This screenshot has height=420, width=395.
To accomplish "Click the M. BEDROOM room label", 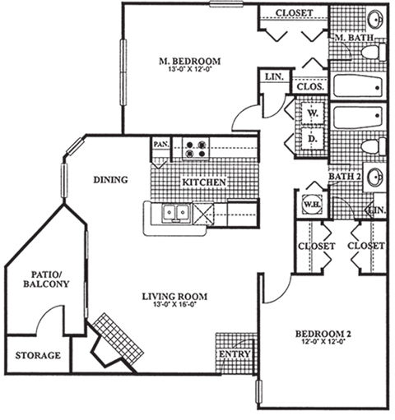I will (x=188, y=61).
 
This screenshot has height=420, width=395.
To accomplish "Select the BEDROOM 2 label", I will (x=323, y=334).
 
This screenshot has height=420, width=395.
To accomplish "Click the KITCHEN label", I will (x=204, y=182).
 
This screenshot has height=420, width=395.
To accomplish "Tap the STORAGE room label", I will (x=37, y=356).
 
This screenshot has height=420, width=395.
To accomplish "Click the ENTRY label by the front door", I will (x=235, y=354).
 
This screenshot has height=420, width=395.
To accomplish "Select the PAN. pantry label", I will (x=160, y=144).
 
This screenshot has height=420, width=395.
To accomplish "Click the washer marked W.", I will (x=314, y=113).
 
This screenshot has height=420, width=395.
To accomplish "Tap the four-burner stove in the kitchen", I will (x=197, y=147).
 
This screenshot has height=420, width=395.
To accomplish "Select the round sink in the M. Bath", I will (x=375, y=20).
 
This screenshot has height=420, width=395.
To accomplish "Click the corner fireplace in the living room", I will (x=114, y=338).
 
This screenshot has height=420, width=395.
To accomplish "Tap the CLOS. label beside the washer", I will (x=308, y=85).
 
